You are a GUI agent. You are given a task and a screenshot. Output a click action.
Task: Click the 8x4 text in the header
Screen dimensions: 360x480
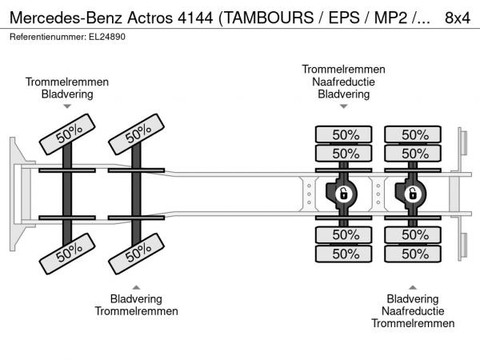(x=456, y=16)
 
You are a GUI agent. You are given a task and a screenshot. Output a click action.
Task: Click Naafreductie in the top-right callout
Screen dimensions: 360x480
(x=343, y=82)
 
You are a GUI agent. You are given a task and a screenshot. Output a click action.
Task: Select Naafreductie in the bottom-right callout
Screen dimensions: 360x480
(x=413, y=311)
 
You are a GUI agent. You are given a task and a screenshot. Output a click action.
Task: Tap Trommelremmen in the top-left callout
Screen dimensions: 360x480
(x=67, y=82)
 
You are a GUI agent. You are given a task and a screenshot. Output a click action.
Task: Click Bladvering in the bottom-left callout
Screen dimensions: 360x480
(x=136, y=298)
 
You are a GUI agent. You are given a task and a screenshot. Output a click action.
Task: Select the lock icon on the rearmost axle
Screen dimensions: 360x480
(x=414, y=194)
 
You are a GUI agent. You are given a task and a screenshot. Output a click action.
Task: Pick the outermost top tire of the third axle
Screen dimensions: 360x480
(x=345, y=134)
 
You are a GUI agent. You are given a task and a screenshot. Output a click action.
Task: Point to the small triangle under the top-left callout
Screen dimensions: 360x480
(x=67, y=106)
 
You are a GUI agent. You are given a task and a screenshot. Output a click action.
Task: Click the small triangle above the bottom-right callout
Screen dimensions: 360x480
(x=413, y=287)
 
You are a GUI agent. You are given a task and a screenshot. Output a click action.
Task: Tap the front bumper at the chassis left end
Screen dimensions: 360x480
(x=15, y=193)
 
